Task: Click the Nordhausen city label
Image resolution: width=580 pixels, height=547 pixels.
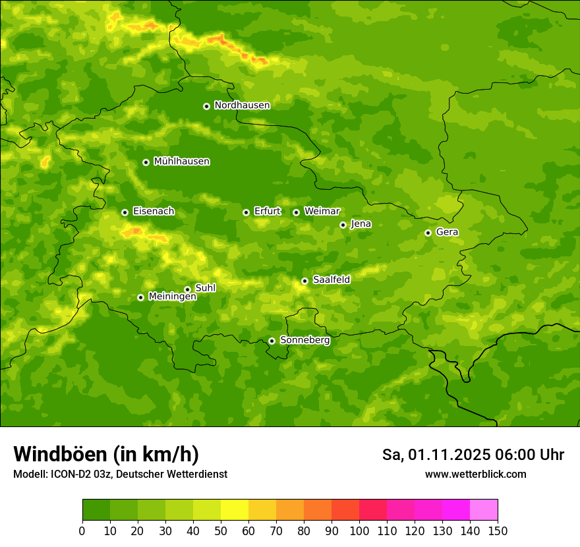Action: (242, 105)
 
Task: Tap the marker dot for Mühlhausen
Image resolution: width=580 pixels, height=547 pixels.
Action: (146, 162)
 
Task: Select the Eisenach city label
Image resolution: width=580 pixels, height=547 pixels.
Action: (154, 212)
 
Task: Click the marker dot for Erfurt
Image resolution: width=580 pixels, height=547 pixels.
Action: (246, 212)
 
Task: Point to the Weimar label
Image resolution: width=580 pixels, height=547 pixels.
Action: (322, 212)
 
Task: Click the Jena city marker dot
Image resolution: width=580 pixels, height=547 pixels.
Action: (343, 225)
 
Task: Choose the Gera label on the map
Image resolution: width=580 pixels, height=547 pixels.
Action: (447, 232)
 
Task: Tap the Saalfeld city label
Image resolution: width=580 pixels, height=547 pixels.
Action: (332, 280)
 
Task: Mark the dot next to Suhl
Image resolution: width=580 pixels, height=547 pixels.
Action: (187, 289)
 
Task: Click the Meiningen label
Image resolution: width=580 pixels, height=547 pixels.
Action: (173, 297)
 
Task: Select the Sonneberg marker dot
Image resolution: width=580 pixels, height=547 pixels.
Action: (272, 341)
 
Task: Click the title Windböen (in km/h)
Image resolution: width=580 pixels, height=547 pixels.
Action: (105, 454)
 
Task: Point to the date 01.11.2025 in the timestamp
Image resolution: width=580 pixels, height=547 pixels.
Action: (448, 455)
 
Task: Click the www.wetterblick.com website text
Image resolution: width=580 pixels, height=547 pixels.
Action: (475, 474)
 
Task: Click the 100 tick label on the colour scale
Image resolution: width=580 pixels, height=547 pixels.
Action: (359, 531)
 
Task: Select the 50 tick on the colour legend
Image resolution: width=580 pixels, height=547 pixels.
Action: (221, 531)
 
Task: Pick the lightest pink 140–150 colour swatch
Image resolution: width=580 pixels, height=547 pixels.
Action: (484, 510)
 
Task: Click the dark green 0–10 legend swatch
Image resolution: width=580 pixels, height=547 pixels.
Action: (96, 510)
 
